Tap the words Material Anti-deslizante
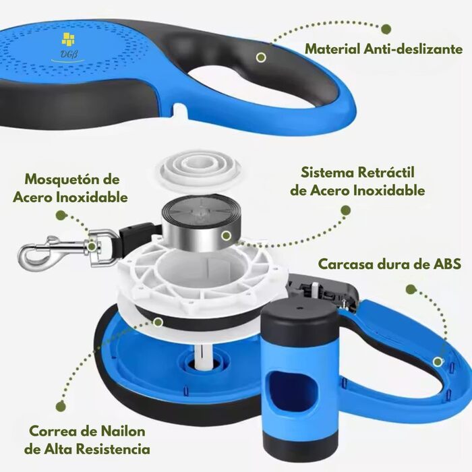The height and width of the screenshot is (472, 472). [x=384, y=49]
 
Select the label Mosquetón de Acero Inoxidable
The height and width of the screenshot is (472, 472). [x=70, y=188]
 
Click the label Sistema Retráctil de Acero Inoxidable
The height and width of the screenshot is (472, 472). [x=357, y=181]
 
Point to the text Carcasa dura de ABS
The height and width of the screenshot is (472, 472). [x=390, y=264]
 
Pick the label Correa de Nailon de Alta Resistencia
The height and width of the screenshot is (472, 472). [x=87, y=440]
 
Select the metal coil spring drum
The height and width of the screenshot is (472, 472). [x=200, y=224]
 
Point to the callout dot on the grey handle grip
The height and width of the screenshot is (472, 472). [x=262, y=57]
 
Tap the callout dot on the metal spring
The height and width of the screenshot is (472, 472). [x=227, y=236]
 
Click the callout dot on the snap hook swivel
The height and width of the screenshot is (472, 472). [x=92, y=247]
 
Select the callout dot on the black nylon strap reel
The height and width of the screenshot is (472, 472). [x=158, y=322]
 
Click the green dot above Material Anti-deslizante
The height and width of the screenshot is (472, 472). [x=386, y=29]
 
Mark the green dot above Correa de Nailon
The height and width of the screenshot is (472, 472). [x=61, y=406]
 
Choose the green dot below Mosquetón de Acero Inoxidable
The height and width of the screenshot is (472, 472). [x=61, y=215]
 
